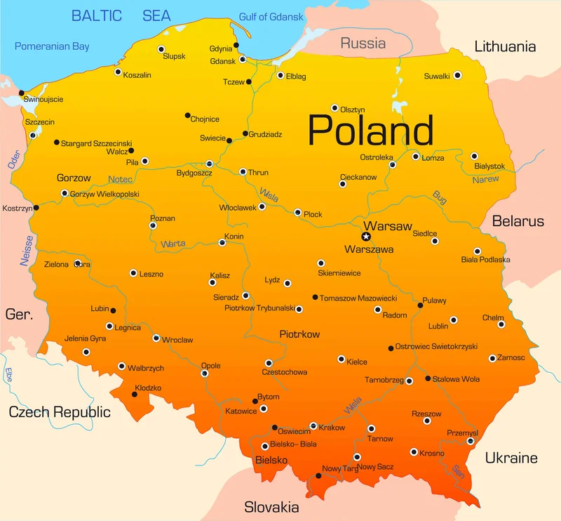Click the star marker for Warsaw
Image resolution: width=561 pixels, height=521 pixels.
365,237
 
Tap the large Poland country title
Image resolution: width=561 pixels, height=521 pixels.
370,131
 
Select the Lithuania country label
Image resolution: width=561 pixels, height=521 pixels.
505,47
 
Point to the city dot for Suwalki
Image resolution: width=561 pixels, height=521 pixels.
457,75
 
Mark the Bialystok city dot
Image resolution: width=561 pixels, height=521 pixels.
474,156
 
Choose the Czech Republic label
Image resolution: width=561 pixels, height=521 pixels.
60,412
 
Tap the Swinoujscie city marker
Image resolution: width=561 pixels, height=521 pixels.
22,93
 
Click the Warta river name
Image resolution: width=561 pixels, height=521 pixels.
173,244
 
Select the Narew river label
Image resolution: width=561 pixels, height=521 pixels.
485,180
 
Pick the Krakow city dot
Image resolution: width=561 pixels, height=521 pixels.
313,426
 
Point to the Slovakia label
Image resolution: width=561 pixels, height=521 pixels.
271,507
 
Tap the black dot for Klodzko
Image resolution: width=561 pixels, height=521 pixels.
135,395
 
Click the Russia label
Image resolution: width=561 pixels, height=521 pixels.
363,44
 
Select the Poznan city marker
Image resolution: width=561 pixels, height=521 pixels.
153,225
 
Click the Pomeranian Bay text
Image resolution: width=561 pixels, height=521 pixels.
53,46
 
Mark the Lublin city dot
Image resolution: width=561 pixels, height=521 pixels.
453,319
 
